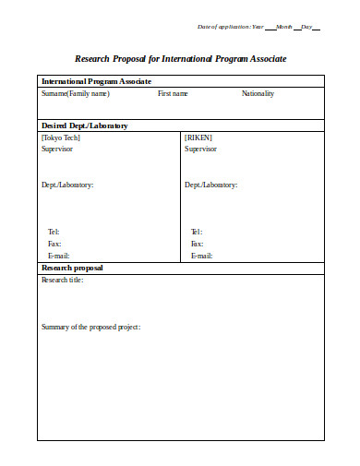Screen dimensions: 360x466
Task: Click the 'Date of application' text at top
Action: coord(223,26)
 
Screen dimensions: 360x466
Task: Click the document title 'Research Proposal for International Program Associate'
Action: coord(180,58)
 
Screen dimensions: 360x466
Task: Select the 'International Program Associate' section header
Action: coord(94,81)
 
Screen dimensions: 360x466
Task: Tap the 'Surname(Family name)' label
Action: coord(75,93)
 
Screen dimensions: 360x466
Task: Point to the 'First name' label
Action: coord(173,93)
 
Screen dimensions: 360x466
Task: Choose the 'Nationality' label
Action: coord(258,93)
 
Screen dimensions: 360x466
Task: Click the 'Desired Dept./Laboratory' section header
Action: coord(85,125)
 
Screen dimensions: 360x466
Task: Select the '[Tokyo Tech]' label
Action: coord(61,137)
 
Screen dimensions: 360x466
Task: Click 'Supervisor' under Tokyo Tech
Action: coord(57,148)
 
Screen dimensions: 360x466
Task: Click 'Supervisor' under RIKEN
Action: coord(200,148)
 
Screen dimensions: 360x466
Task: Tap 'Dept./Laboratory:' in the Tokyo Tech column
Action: coord(67,185)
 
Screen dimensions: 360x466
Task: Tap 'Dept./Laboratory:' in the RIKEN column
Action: coord(210,185)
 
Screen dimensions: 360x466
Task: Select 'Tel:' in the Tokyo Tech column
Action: coord(54,232)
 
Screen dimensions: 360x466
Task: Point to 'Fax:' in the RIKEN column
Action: coord(197,244)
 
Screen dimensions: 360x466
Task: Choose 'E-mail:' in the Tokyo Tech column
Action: coord(58,256)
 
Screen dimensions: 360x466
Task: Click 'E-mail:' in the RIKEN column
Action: coord(201,256)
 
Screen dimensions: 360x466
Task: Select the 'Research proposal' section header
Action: coord(72,268)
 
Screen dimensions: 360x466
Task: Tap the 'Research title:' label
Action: coord(63,280)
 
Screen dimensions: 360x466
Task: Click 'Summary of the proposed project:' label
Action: coord(90,327)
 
